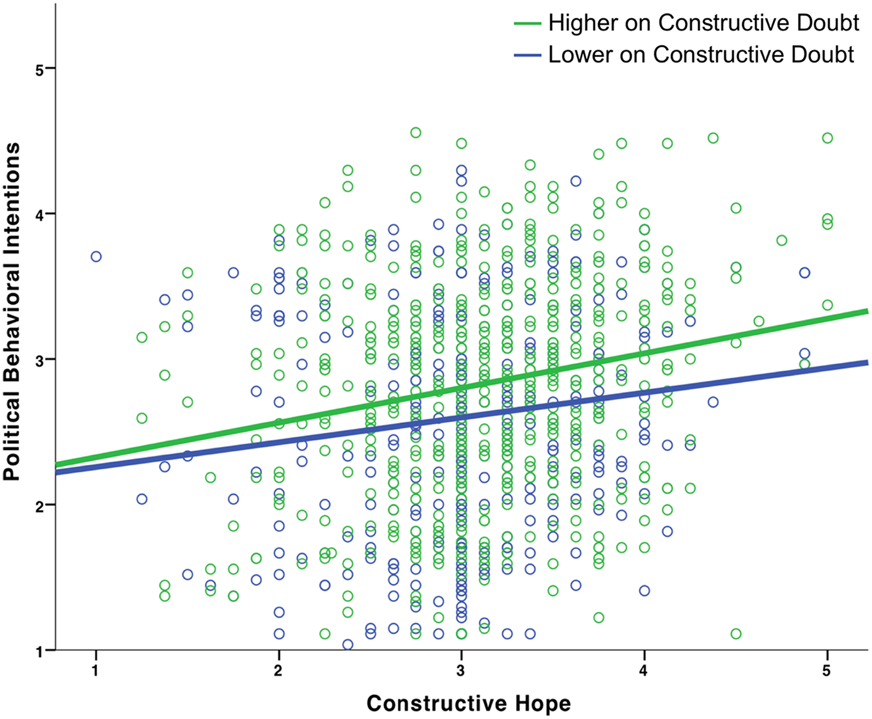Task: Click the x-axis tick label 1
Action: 95,670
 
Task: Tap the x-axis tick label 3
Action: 461,670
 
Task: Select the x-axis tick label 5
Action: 826,670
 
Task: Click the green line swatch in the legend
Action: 527,23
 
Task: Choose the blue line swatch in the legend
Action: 527,55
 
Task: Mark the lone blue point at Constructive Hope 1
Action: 96,257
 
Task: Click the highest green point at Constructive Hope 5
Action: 827,138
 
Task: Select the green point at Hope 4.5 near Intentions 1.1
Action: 735,634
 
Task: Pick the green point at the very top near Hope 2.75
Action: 416,132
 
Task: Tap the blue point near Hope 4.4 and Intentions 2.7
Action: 713,402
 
